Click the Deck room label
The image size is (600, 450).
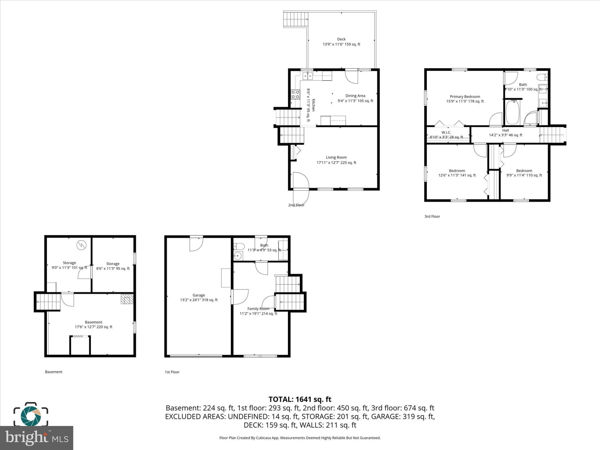click(x=341, y=39)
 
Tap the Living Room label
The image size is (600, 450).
click(x=336, y=158)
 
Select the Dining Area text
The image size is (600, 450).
click(x=355, y=96)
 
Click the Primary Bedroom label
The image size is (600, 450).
click(x=465, y=97)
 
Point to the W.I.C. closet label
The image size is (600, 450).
click(x=446, y=133)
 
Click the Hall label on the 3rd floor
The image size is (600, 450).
click(x=505, y=131)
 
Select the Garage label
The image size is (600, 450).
click(x=199, y=295)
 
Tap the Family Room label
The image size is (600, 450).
click(x=258, y=309)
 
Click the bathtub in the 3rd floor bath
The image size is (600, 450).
click(x=512, y=112)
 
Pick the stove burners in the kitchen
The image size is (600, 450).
click(x=295, y=94)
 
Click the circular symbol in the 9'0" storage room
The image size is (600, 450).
click(x=81, y=245)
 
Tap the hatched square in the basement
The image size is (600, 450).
click(x=127, y=299)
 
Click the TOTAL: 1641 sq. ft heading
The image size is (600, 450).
click(x=300, y=399)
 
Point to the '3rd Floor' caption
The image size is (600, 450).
click(x=432, y=217)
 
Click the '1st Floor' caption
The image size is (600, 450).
click(x=172, y=372)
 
